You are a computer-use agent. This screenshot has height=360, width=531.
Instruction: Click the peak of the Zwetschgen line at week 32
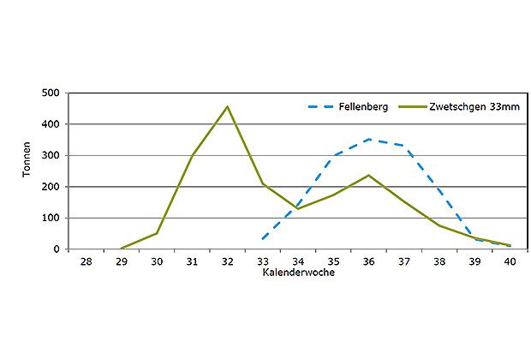point(227,106)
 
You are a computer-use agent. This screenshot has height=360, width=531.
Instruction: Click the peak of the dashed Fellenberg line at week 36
point(368,139)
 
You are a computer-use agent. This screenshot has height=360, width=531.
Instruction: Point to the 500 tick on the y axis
point(52,93)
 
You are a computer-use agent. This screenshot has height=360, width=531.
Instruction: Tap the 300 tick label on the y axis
point(52,155)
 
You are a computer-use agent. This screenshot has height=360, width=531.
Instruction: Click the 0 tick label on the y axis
point(57,249)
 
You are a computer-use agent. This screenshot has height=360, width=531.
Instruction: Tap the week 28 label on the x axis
point(86,261)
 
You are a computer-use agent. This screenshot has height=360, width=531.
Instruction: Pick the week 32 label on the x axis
point(227,261)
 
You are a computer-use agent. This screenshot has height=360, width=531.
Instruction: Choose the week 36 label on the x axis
point(368,261)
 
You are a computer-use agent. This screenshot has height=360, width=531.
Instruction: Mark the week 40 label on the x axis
point(510,261)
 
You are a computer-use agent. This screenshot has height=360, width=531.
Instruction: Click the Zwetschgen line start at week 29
point(121,249)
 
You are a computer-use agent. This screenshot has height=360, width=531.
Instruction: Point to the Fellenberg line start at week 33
point(262,239)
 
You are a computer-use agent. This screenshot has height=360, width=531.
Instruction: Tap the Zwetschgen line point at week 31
point(192,156)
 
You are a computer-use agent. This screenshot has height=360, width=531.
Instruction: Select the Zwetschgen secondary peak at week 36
point(368,175)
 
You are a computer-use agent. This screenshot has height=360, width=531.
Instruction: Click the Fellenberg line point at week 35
point(333,156)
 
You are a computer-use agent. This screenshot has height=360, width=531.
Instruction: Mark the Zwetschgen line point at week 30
point(157,233)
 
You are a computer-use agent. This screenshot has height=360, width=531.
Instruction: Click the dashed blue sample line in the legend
point(321,107)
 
